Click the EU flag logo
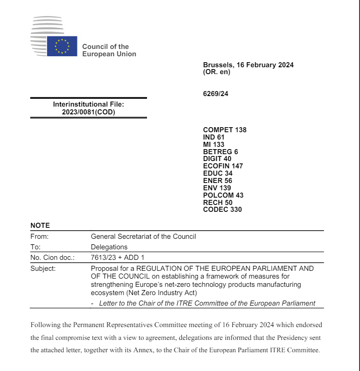click(62, 46)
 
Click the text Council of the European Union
click(109, 50)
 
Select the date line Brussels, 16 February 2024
click(248, 65)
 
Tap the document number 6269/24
click(215, 94)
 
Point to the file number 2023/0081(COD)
click(88, 112)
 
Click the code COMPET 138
click(224, 130)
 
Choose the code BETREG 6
click(220, 151)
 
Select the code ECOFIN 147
click(223, 166)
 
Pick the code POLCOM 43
click(223, 195)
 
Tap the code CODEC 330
click(222, 210)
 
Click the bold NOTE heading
click(40, 226)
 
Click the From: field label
click(39, 237)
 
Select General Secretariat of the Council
click(143, 237)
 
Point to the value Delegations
click(109, 247)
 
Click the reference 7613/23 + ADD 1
click(118, 258)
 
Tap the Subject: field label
click(43, 269)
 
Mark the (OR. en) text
click(216, 72)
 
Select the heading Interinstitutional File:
click(88, 104)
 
